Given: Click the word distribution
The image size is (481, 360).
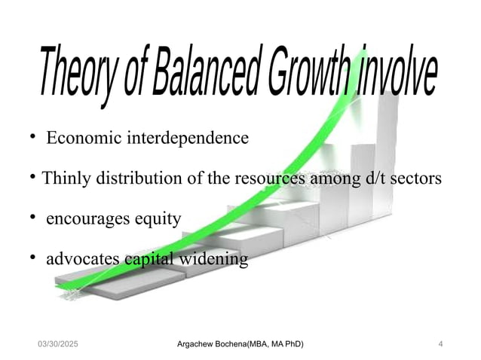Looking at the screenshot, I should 137,179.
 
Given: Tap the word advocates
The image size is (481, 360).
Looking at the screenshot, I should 83,260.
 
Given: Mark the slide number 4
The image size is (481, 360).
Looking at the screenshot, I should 440,344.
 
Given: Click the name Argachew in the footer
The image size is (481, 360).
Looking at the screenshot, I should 196,344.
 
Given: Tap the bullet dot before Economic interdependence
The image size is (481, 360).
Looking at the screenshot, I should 34,138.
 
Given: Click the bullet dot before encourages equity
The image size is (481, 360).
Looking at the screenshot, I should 34,218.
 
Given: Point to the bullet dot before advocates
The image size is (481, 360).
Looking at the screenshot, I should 34,259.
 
